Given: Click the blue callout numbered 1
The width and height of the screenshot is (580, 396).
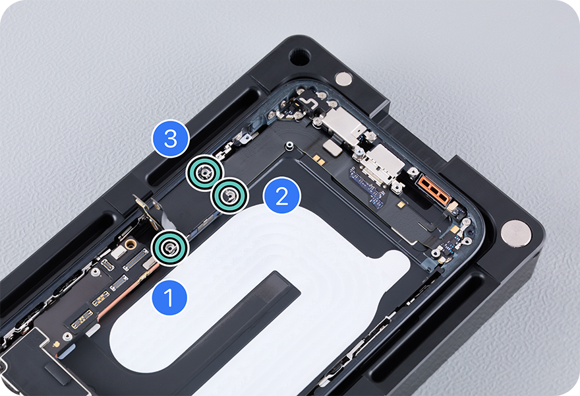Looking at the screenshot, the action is [169, 297].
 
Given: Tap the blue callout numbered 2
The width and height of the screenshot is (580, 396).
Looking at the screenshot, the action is [282, 195].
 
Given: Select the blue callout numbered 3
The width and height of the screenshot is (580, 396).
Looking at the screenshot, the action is [171, 139].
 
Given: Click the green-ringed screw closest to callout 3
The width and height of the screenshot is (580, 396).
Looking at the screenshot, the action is [204, 173].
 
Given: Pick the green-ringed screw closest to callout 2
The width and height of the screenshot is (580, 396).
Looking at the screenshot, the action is [229, 195].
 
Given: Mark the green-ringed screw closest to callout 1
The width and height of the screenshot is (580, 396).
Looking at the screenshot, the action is [170, 247].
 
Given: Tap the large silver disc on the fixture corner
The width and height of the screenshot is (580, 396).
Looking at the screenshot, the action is [516, 233].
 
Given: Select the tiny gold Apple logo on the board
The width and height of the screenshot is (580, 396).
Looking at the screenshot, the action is [56, 344].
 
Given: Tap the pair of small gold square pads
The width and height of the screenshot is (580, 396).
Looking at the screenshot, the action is [318, 159].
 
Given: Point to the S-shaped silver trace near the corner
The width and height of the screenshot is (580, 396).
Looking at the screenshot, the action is [308, 102].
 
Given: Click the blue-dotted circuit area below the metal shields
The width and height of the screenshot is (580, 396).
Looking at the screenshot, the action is [368, 187].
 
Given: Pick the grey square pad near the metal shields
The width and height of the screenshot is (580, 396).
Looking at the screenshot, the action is [332, 148].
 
